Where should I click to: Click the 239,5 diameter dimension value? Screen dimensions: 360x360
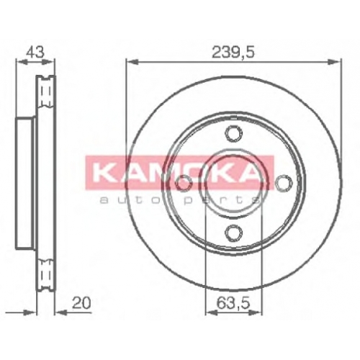pos(233,53)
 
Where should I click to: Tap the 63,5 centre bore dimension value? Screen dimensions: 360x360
pos(233,303)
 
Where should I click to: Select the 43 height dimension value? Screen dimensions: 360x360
pos(35,52)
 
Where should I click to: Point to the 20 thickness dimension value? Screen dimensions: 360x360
pos(81,303)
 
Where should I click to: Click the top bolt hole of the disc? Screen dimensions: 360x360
pos(233,133)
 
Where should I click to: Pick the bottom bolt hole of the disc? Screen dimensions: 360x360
pos(233,233)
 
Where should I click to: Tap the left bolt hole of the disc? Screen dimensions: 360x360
pos(184,183)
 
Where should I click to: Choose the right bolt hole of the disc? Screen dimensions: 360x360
pos(284,183)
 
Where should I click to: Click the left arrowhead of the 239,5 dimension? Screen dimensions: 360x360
pos(132,62)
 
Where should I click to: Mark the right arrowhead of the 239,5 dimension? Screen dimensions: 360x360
pos(335,62)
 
